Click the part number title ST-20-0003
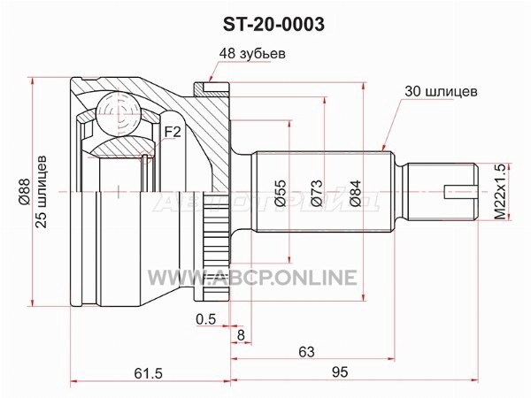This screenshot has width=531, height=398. coord(273,24)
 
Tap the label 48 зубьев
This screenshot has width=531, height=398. coord(252,53)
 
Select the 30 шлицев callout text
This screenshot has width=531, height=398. coord(441,91)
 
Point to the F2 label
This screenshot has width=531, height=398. coord(173,132)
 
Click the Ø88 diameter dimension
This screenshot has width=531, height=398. coord(25,192)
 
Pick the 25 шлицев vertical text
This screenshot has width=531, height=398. coord(42,192)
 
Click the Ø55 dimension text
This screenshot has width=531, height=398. coord(281,193)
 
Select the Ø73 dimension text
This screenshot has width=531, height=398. coord(317,193)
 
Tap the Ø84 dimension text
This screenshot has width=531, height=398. coord(355,193)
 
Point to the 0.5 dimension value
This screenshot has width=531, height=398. coord(205,318)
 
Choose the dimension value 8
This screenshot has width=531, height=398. coord(241,335)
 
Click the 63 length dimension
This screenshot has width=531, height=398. coord(306,352)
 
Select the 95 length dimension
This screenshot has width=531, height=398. coord(340,372)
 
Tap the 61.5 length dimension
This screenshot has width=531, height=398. coord(149,373)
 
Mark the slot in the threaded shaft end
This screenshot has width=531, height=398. coord(460,192)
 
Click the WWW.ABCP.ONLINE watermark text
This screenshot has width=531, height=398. coord(252,278)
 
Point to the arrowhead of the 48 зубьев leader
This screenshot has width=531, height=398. coord(211,80)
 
